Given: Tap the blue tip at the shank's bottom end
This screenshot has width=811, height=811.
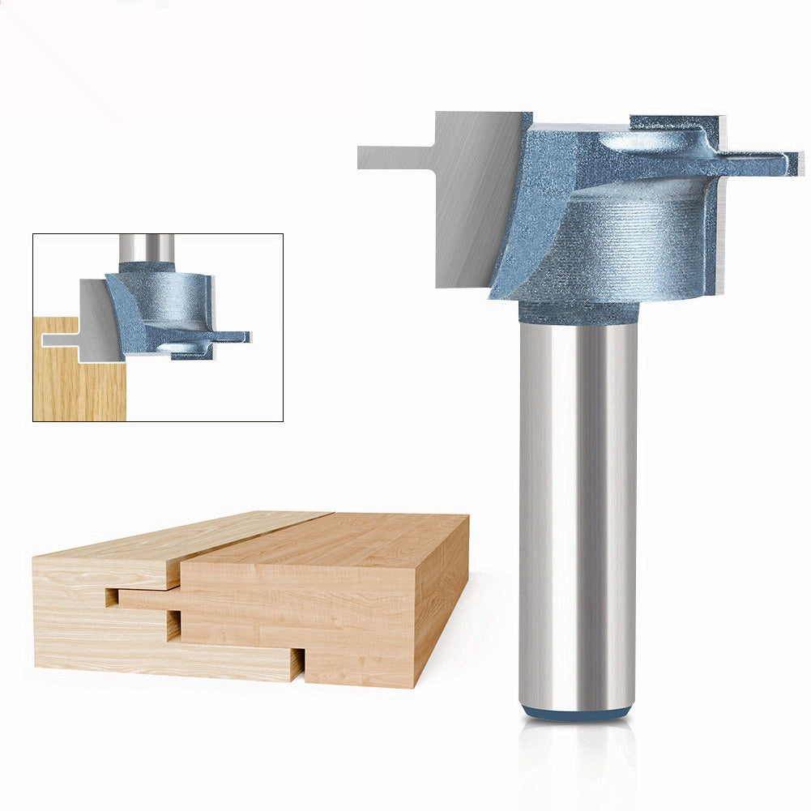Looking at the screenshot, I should [577, 712].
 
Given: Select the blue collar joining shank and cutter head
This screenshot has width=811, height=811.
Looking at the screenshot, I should [578, 312].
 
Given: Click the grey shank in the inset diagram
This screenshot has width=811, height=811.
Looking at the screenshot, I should [146, 247].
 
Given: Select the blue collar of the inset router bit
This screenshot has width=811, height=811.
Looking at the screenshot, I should [147, 267].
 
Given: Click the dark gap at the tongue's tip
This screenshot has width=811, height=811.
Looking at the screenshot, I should [111, 598].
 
